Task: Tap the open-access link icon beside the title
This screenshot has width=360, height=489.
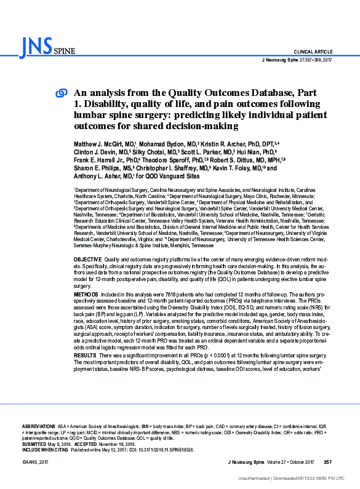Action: (x=62, y=93)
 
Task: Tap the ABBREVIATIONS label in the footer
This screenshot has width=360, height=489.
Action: (x=38, y=426)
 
